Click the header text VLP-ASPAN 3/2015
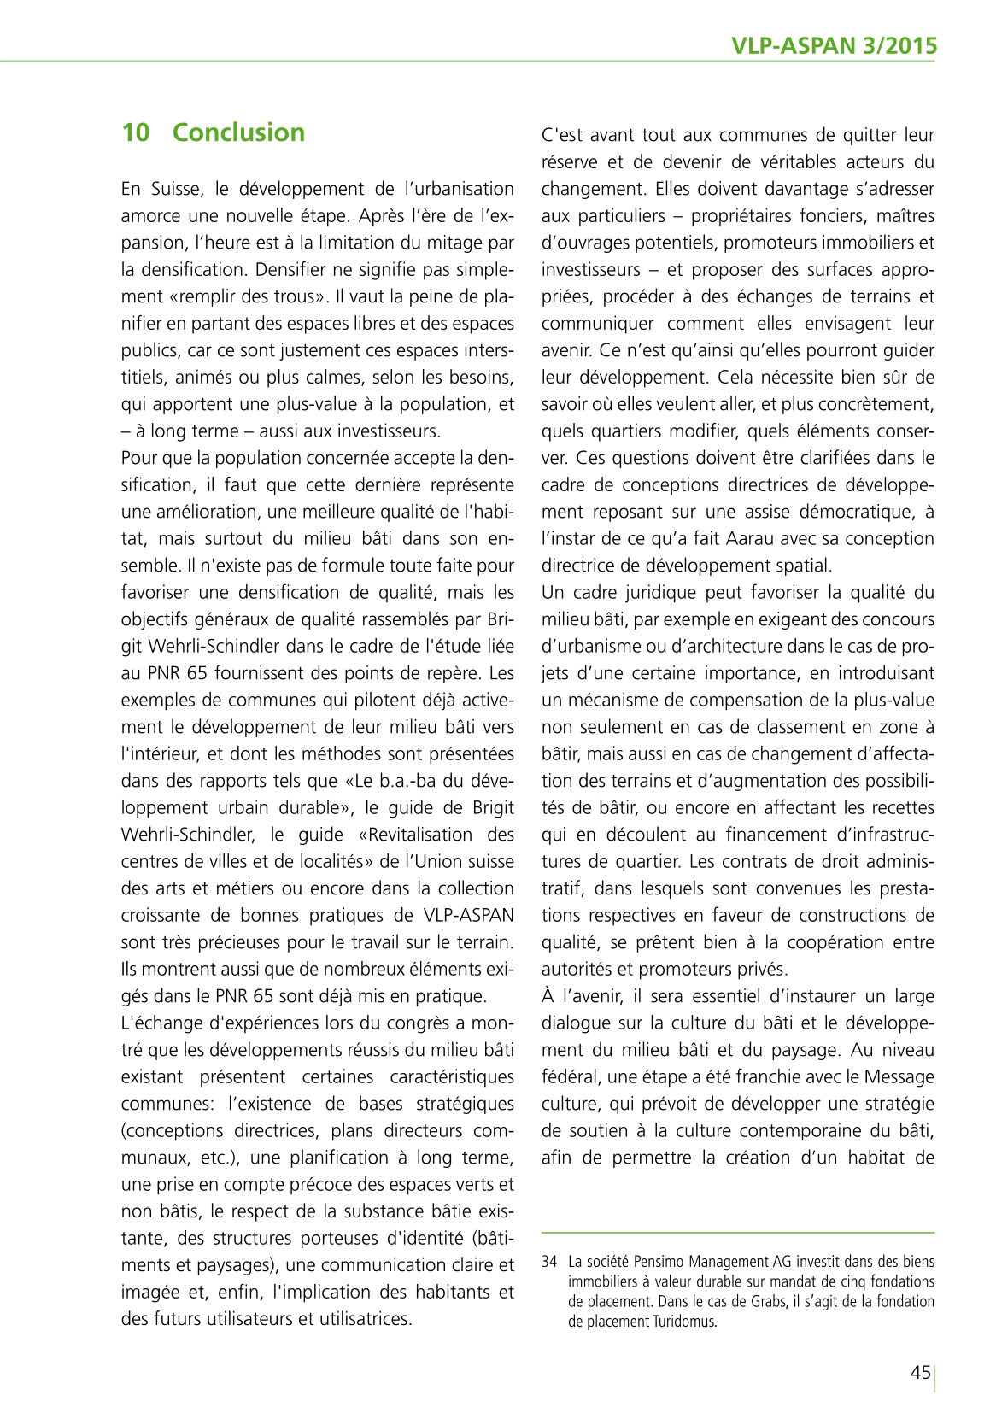pos(834,46)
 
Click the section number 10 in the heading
pos(135,132)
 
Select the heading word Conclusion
pos(238,132)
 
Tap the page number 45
pos(920,1373)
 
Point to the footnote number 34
pos(548,1262)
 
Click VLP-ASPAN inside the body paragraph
pos(469,916)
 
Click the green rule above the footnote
pos(738,1232)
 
